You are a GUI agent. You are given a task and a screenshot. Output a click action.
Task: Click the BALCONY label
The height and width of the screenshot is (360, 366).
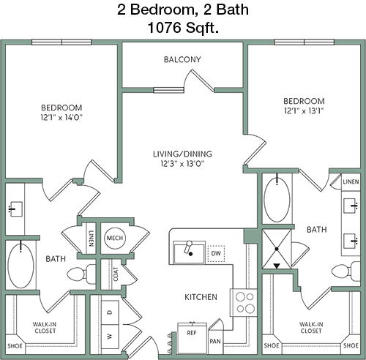pyautogui.click(x=182, y=59)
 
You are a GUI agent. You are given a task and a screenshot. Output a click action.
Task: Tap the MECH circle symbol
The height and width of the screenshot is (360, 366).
pyautogui.click(x=115, y=238)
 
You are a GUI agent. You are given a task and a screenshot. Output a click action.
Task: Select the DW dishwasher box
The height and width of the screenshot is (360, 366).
pyautogui.click(x=216, y=254)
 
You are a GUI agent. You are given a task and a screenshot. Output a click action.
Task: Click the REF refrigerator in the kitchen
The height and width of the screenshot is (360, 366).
pyautogui.click(x=192, y=339)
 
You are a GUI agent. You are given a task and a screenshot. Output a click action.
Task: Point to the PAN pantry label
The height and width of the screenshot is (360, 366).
pyautogui.click(x=215, y=341)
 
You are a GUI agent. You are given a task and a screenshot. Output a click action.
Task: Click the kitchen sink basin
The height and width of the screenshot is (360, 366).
pyautogui.click(x=189, y=253)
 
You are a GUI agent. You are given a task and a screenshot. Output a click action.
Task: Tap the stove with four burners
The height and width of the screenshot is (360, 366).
pyautogui.click(x=244, y=303)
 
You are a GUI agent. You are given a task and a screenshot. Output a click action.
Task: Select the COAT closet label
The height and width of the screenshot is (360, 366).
pyautogui.click(x=116, y=274)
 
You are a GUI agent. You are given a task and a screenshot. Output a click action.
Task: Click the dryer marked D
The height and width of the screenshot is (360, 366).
pyautogui.click(x=110, y=312)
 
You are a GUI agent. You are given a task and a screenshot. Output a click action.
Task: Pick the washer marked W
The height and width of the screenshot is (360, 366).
pyautogui.click(x=110, y=337)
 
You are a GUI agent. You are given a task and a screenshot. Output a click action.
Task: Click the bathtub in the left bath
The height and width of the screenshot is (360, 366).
pyautogui.click(x=20, y=266)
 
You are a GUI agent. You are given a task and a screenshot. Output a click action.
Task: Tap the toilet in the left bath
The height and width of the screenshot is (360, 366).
pyautogui.click(x=81, y=274)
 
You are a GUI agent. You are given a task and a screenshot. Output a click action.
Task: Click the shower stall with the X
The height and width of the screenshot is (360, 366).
pyautogui.click(x=277, y=249)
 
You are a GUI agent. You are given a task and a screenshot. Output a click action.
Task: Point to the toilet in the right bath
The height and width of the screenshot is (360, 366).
pyautogui.click(x=346, y=271)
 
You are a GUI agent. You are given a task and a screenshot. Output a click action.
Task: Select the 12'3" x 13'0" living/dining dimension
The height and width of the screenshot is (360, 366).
pyautogui.click(x=182, y=164)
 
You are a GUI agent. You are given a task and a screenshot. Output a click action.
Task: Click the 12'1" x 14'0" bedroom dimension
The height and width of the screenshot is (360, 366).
pyautogui.click(x=61, y=118)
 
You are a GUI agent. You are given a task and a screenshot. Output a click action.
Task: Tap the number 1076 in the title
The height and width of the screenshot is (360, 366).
pyautogui.click(x=165, y=27)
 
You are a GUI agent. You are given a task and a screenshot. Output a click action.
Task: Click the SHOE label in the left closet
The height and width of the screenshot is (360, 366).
pyautogui.click(x=15, y=346)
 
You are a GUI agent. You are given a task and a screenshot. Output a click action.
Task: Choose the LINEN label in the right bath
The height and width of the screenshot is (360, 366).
pyautogui.click(x=351, y=181)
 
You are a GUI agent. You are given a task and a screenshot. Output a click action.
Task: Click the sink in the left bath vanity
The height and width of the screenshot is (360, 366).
pyautogui.click(x=16, y=209)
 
